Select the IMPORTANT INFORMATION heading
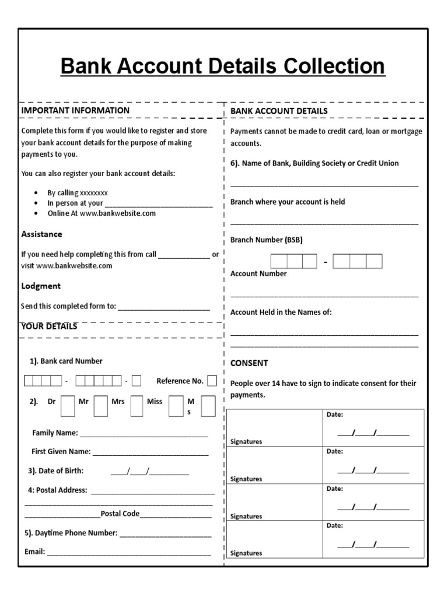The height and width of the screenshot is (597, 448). point(75,110)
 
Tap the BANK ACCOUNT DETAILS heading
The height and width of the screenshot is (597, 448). point(279,111)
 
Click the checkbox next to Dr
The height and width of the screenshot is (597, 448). point(68,406)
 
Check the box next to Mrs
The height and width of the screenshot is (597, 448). point(136,406)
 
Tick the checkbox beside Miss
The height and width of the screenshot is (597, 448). point(175,406)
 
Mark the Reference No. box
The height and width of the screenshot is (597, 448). point(212,381)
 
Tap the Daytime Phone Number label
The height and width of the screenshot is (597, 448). point(71,533)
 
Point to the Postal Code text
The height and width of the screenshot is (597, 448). point(120,514)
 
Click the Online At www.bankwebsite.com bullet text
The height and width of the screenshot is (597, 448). point(101,213)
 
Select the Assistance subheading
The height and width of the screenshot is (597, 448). point(41,234)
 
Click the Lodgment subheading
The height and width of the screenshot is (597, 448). point(41,286)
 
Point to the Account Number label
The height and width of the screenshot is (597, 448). point(258,273)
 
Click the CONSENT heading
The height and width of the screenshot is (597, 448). point(249,363)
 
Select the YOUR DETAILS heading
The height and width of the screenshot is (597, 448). point(49,326)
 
